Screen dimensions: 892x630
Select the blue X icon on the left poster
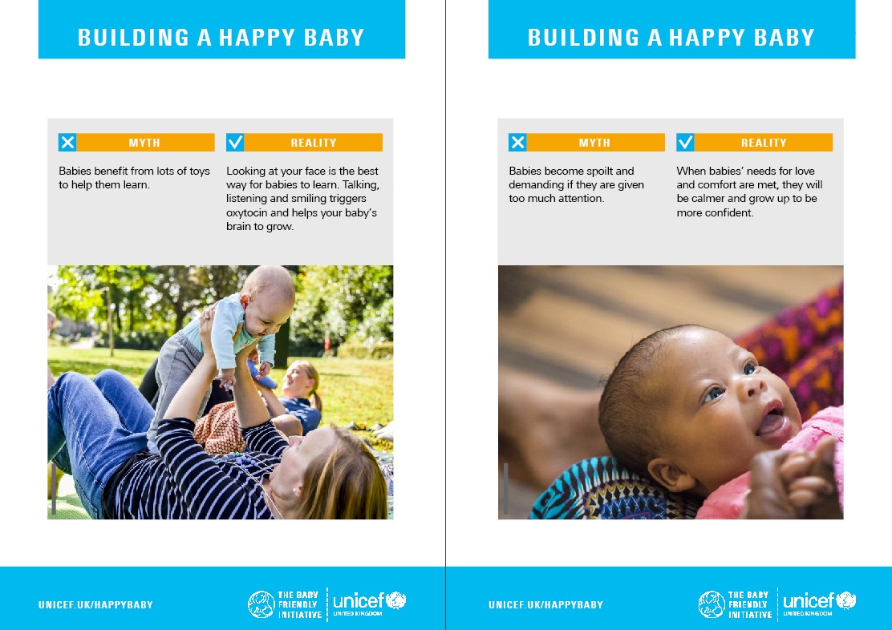click(67, 142)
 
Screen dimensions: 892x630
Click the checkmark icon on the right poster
click(685, 142)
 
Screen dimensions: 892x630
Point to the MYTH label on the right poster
click(594, 143)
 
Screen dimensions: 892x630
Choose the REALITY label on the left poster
click(314, 143)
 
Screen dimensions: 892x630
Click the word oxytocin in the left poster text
click(247, 212)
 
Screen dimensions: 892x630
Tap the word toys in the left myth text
click(199, 172)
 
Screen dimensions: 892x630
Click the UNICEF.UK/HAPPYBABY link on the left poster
click(95, 605)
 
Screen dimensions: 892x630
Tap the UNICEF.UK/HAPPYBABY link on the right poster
click(545, 605)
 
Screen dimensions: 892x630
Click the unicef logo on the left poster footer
click(369, 604)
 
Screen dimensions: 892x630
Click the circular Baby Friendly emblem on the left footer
click(262, 604)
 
